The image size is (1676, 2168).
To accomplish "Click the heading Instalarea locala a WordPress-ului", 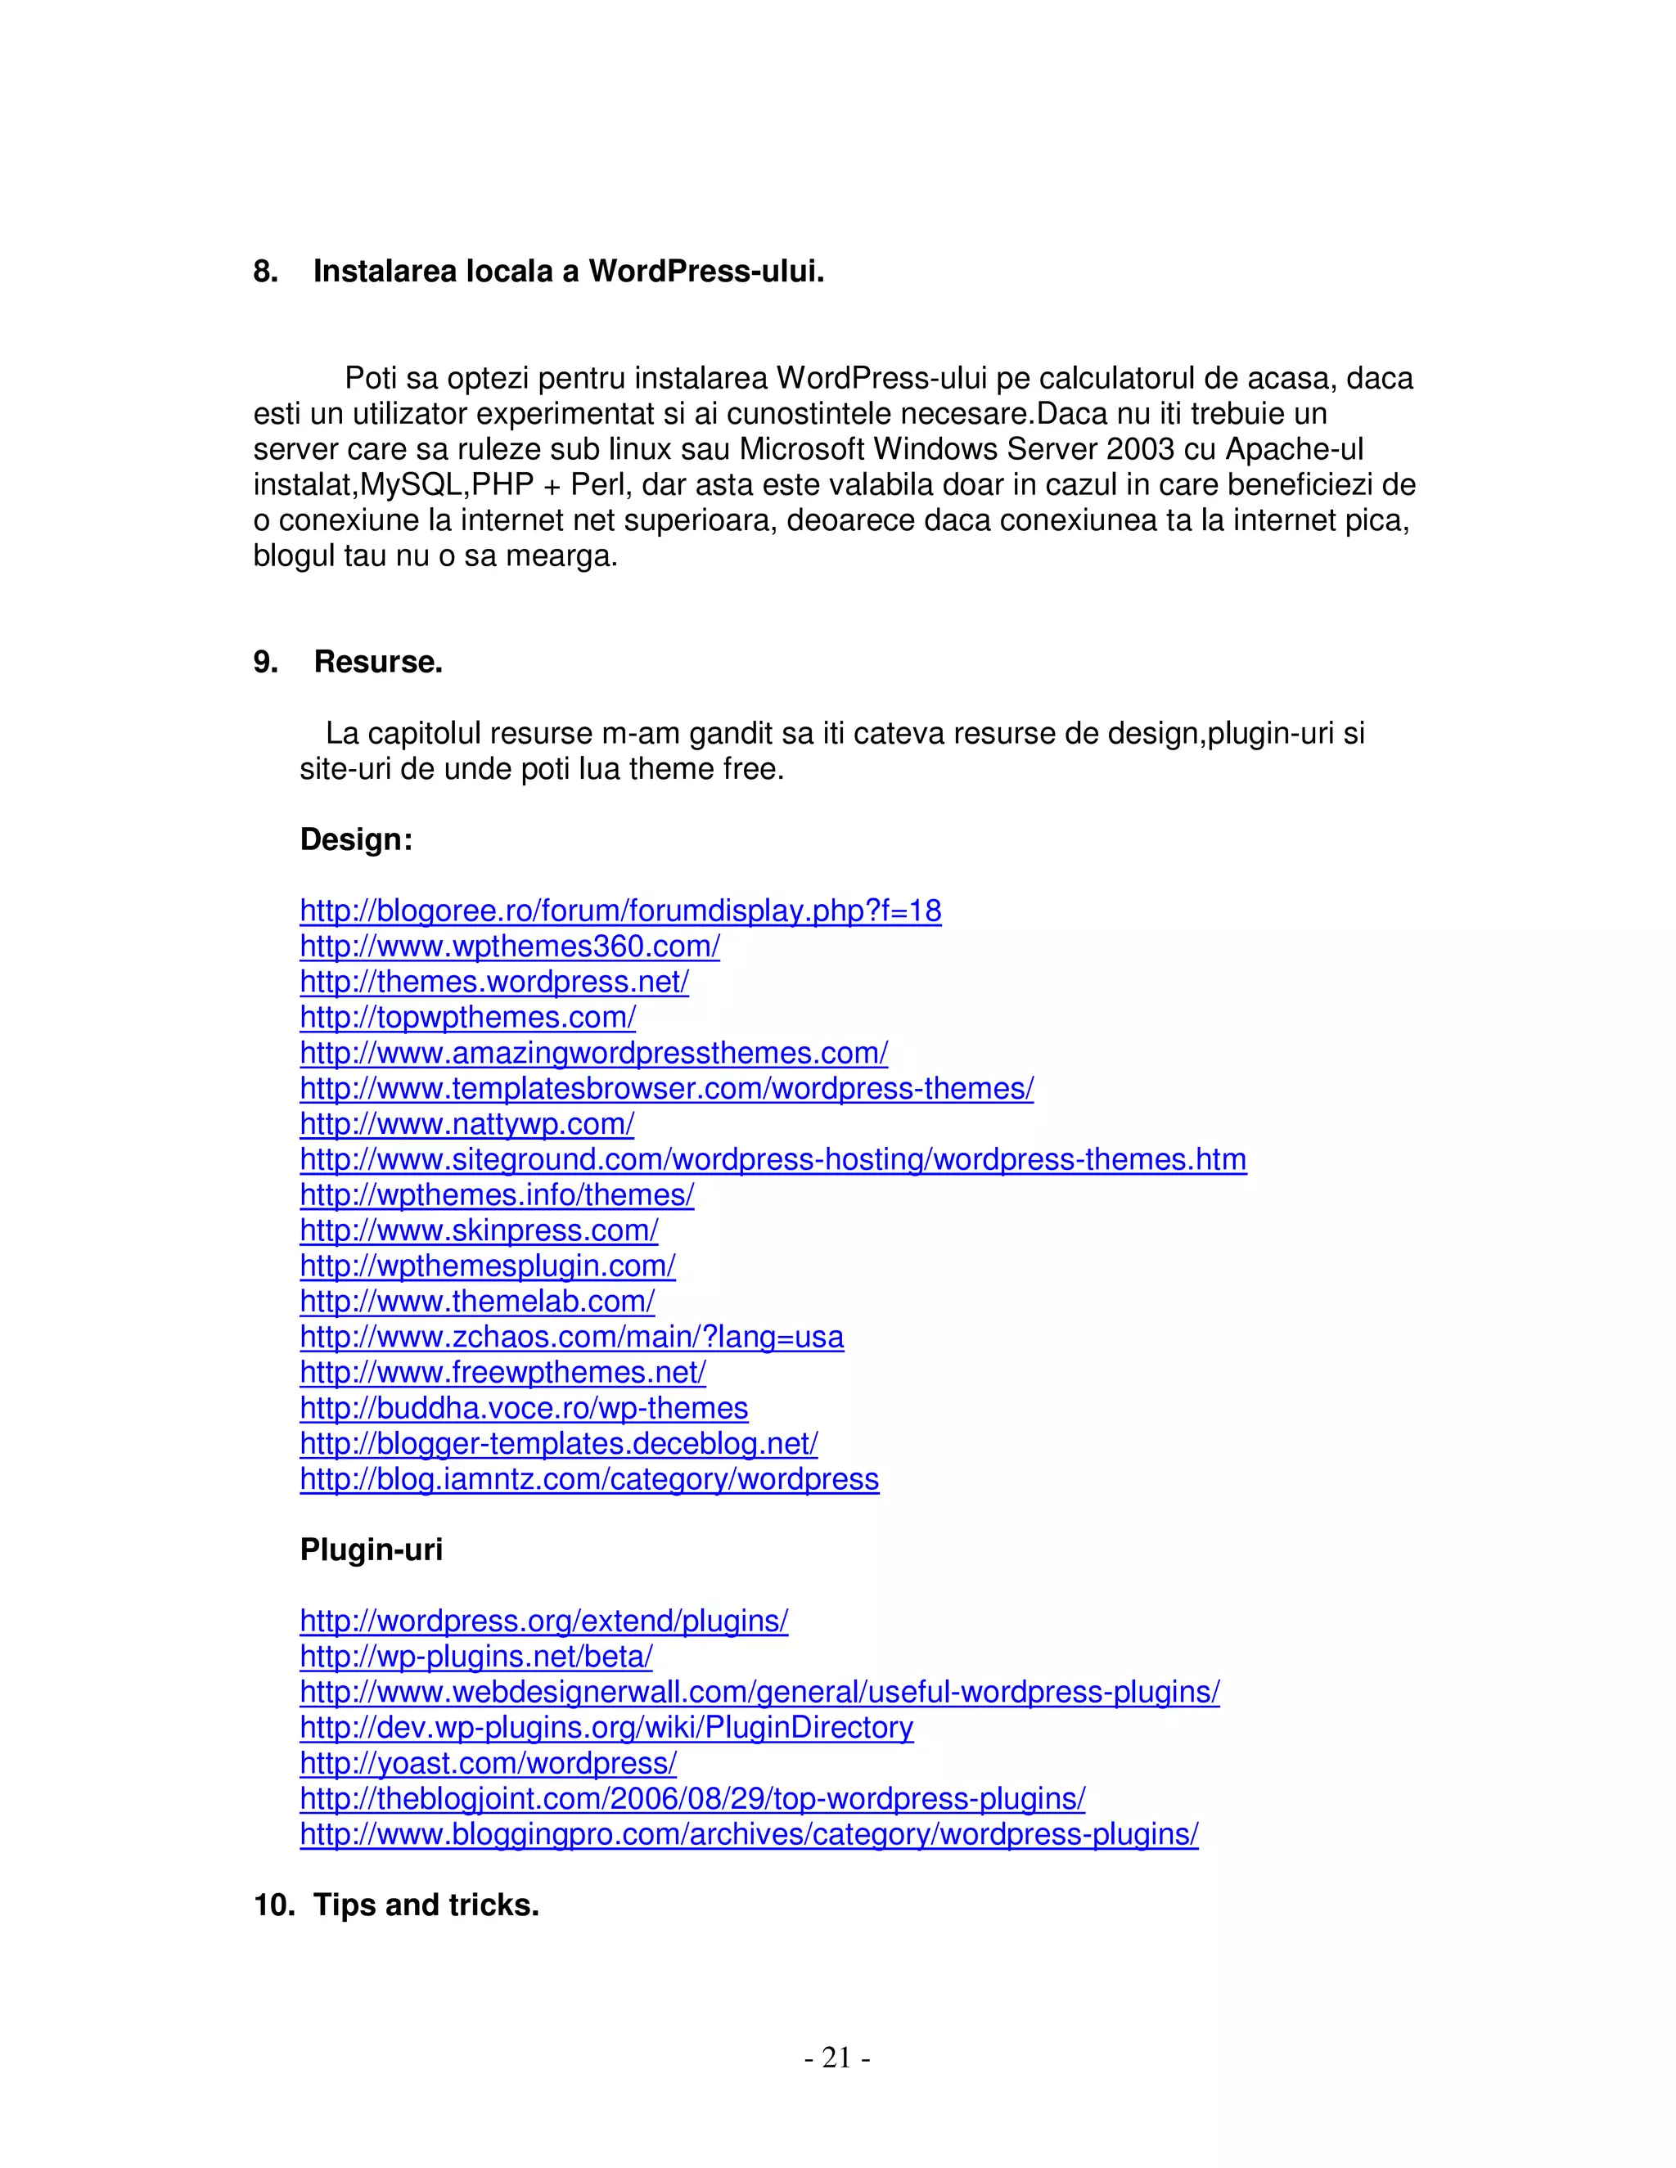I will [568, 271].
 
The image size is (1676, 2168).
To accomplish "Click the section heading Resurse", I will [377, 662].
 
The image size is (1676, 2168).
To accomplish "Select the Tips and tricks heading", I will [425, 1905].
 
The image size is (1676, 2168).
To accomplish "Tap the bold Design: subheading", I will [355, 840].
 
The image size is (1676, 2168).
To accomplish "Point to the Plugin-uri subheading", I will [371, 1550].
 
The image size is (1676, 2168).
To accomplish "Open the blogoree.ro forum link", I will [619, 911].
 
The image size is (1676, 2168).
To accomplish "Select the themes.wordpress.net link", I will [493, 983].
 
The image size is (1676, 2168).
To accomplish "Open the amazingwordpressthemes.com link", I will [594, 1053].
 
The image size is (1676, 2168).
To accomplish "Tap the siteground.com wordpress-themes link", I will [773, 1159].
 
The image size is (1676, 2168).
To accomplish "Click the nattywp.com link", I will [466, 1125].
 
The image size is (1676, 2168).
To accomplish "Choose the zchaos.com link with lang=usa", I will [571, 1337].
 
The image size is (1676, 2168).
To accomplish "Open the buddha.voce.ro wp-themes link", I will [523, 1409].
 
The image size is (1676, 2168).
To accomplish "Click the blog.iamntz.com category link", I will [588, 1479].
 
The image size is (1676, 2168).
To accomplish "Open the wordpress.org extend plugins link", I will [543, 1621].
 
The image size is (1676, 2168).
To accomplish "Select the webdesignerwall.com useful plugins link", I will [759, 1693].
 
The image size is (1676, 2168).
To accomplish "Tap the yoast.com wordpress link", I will [488, 1763].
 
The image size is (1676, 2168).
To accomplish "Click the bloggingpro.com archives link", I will [749, 1834].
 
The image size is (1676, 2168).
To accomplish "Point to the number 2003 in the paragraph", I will [1140, 450].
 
